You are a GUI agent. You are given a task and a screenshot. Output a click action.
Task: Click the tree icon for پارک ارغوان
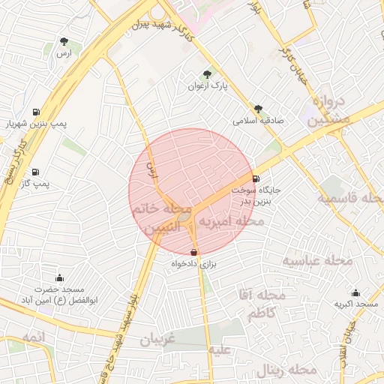208,73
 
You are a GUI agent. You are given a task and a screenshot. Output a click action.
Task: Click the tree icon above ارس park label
65,41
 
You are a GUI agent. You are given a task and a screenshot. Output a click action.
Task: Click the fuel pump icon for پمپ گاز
36,172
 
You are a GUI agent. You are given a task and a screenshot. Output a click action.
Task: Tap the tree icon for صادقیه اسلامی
259,109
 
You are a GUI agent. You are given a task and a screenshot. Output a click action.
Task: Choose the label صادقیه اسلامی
255,121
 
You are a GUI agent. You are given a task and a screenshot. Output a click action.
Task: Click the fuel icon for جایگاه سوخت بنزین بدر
257,178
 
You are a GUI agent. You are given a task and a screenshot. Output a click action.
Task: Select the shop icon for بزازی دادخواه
194,253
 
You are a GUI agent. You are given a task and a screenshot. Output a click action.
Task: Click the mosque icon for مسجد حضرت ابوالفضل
59,278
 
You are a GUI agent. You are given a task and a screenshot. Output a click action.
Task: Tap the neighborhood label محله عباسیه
317,260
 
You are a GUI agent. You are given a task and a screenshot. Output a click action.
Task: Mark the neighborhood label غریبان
156,340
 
